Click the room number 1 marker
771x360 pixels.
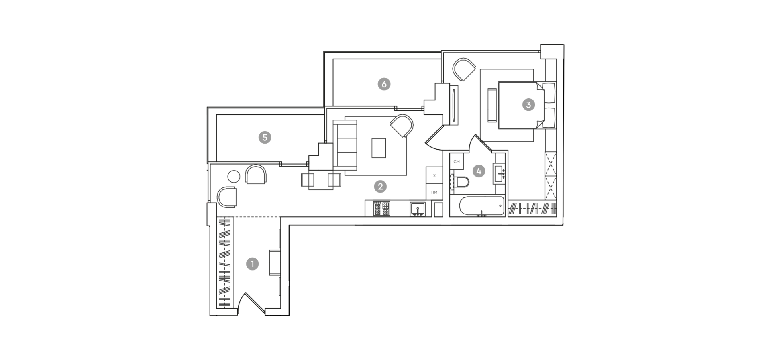point(252,264)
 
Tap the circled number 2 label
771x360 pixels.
point(380,186)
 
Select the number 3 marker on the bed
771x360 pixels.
point(528,105)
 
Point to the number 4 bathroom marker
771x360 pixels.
point(478,171)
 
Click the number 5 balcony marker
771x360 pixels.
point(264,138)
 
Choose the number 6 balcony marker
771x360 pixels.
point(384,84)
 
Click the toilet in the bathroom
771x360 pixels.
point(461,183)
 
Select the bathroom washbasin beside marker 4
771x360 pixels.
point(499,173)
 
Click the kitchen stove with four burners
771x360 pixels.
point(381,209)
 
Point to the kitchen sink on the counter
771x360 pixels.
point(418,209)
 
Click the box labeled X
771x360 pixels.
point(434,175)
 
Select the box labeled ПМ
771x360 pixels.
point(434,192)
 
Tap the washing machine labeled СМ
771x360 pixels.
point(457,161)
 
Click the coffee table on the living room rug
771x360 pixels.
point(379,148)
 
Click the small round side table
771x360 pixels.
point(233,176)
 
